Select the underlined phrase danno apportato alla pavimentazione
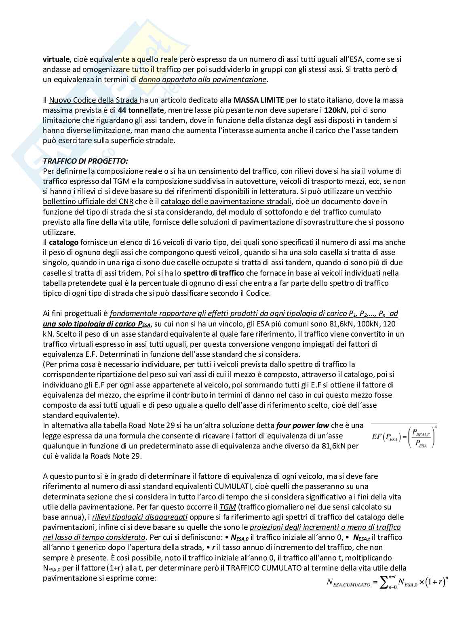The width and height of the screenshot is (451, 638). pos(202,79)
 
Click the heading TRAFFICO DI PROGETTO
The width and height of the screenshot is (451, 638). pos(85,161)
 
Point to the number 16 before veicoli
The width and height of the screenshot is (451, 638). pos(164,242)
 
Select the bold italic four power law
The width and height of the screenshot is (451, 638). pos(303,425)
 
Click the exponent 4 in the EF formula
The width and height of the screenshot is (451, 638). pos(435,427)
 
